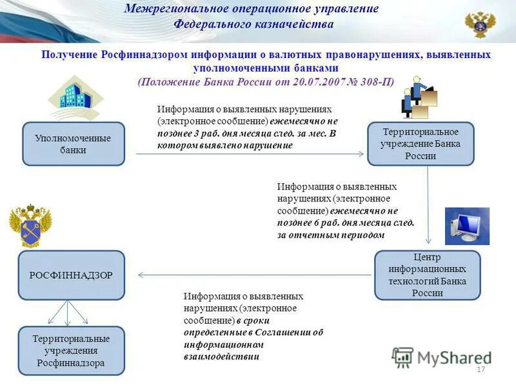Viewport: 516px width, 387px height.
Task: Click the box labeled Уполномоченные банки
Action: (x=74, y=144)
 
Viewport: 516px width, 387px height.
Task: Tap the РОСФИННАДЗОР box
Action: (x=71, y=275)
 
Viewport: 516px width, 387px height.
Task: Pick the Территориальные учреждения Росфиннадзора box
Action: (x=71, y=351)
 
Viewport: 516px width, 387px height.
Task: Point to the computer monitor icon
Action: (x=467, y=226)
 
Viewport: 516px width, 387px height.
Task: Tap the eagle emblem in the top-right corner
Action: (x=481, y=24)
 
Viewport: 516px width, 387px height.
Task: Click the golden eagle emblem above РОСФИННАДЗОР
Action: (x=30, y=226)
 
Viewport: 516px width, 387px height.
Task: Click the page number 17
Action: (x=480, y=370)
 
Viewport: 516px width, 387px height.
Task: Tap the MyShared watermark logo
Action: (x=441, y=357)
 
